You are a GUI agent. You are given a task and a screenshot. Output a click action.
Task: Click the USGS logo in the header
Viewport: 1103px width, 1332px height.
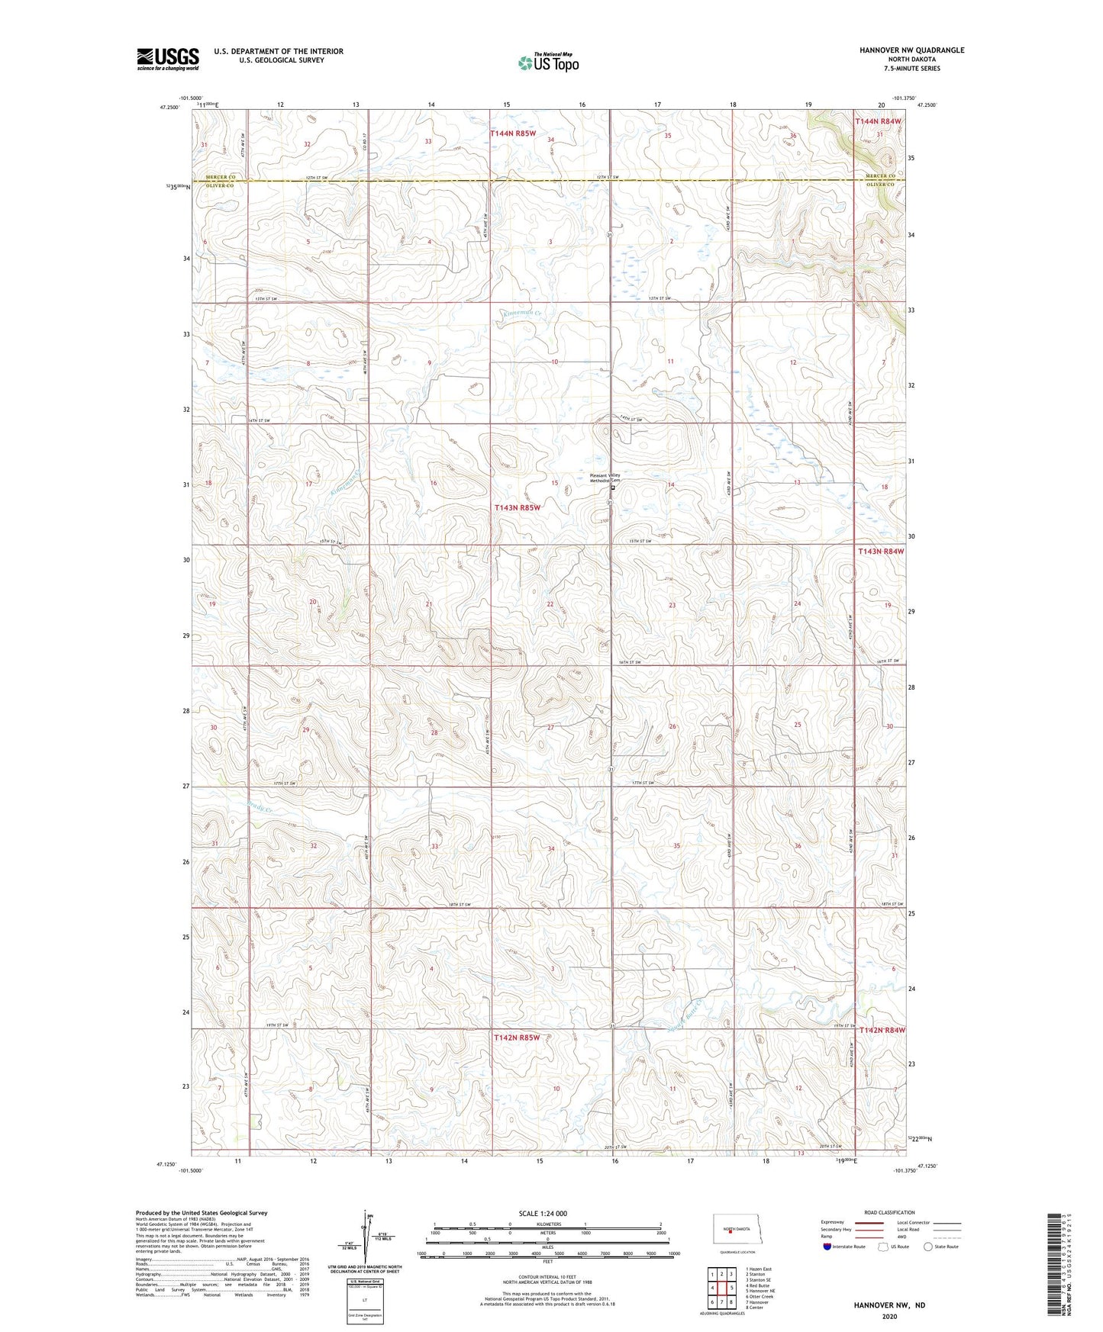pyautogui.click(x=168, y=59)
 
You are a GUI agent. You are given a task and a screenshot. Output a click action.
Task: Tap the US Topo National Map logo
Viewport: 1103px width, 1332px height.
pyautogui.click(x=548, y=63)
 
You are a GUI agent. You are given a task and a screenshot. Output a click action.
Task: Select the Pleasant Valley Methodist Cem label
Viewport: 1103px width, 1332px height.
pyautogui.click(x=605, y=478)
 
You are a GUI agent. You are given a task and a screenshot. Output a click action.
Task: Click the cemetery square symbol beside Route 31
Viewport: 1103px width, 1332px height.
pyautogui.click(x=613, y=487)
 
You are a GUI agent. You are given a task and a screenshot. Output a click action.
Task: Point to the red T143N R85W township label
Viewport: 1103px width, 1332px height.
pyautogui.click(x=517, y=507)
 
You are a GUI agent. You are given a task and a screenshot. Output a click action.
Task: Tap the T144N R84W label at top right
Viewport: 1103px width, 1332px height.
pyautogui.click(x=878, y=121)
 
